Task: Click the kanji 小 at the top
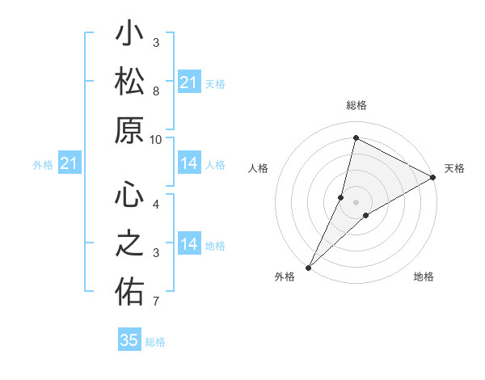coord(129,36)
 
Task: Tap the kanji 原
coord(129,130)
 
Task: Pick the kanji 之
coord(129,245)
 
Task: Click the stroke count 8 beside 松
coord(155,91)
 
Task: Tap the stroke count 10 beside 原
coord(155,139)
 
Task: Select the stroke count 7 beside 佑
coord(155,302)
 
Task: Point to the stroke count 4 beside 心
coord(155,204)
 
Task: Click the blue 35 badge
coord(129,340)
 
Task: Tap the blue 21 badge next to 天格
coord(188,82)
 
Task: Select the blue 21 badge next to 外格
coord(70,164)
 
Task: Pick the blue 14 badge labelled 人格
coord(188,164)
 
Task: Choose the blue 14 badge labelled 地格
coord(188,244)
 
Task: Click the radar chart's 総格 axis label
coord(356,106)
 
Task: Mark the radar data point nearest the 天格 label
coord(433,177)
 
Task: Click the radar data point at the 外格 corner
coord(308,267)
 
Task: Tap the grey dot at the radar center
coord(356,202)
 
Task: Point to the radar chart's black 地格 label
coord(424,277)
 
